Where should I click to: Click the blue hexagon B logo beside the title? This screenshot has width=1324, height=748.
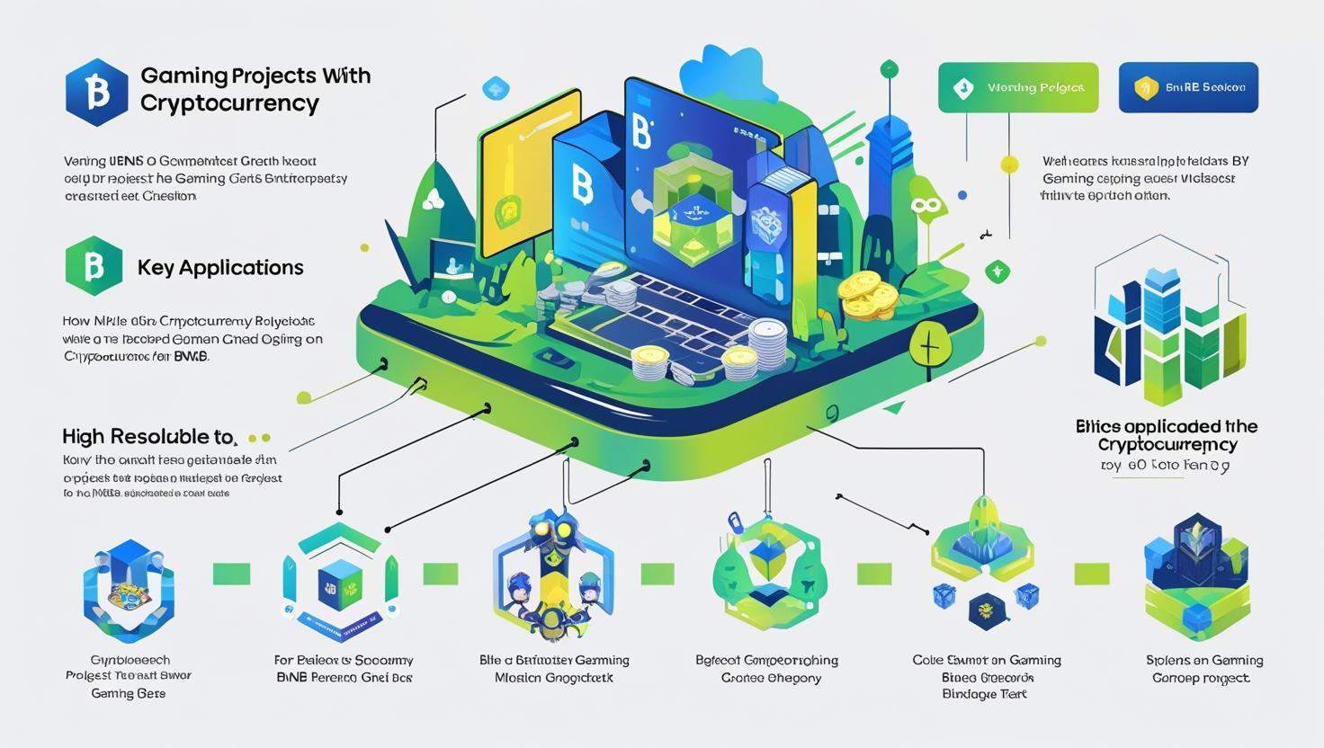[x=97, y=92]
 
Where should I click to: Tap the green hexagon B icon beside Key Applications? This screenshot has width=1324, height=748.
[x=94, y=266]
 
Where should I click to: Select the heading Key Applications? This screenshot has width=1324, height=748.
[x=220, y=267]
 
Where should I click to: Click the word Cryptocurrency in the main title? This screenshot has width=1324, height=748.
[x=229, y=103]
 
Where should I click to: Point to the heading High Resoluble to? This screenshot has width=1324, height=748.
[x=148, y=437]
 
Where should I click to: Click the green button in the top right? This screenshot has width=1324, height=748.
[x=1017, y=87]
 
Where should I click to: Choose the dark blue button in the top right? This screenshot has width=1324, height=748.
[x=1187, y=87]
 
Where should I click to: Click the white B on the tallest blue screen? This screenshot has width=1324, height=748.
[x=640, y=131]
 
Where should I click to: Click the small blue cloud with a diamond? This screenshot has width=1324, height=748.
[x=496, y=88]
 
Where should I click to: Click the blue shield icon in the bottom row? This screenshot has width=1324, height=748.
[x=129, y=585]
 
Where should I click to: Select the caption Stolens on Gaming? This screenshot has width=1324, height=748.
[x=1204, y=660]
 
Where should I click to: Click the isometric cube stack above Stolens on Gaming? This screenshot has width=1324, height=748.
[x=1197, y=575]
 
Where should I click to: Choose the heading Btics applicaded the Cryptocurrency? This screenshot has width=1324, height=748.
[x=1167, y=435]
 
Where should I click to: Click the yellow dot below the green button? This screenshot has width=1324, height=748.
[x=1009, y=164]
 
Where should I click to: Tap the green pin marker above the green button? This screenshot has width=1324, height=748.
[x=889, y=68]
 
